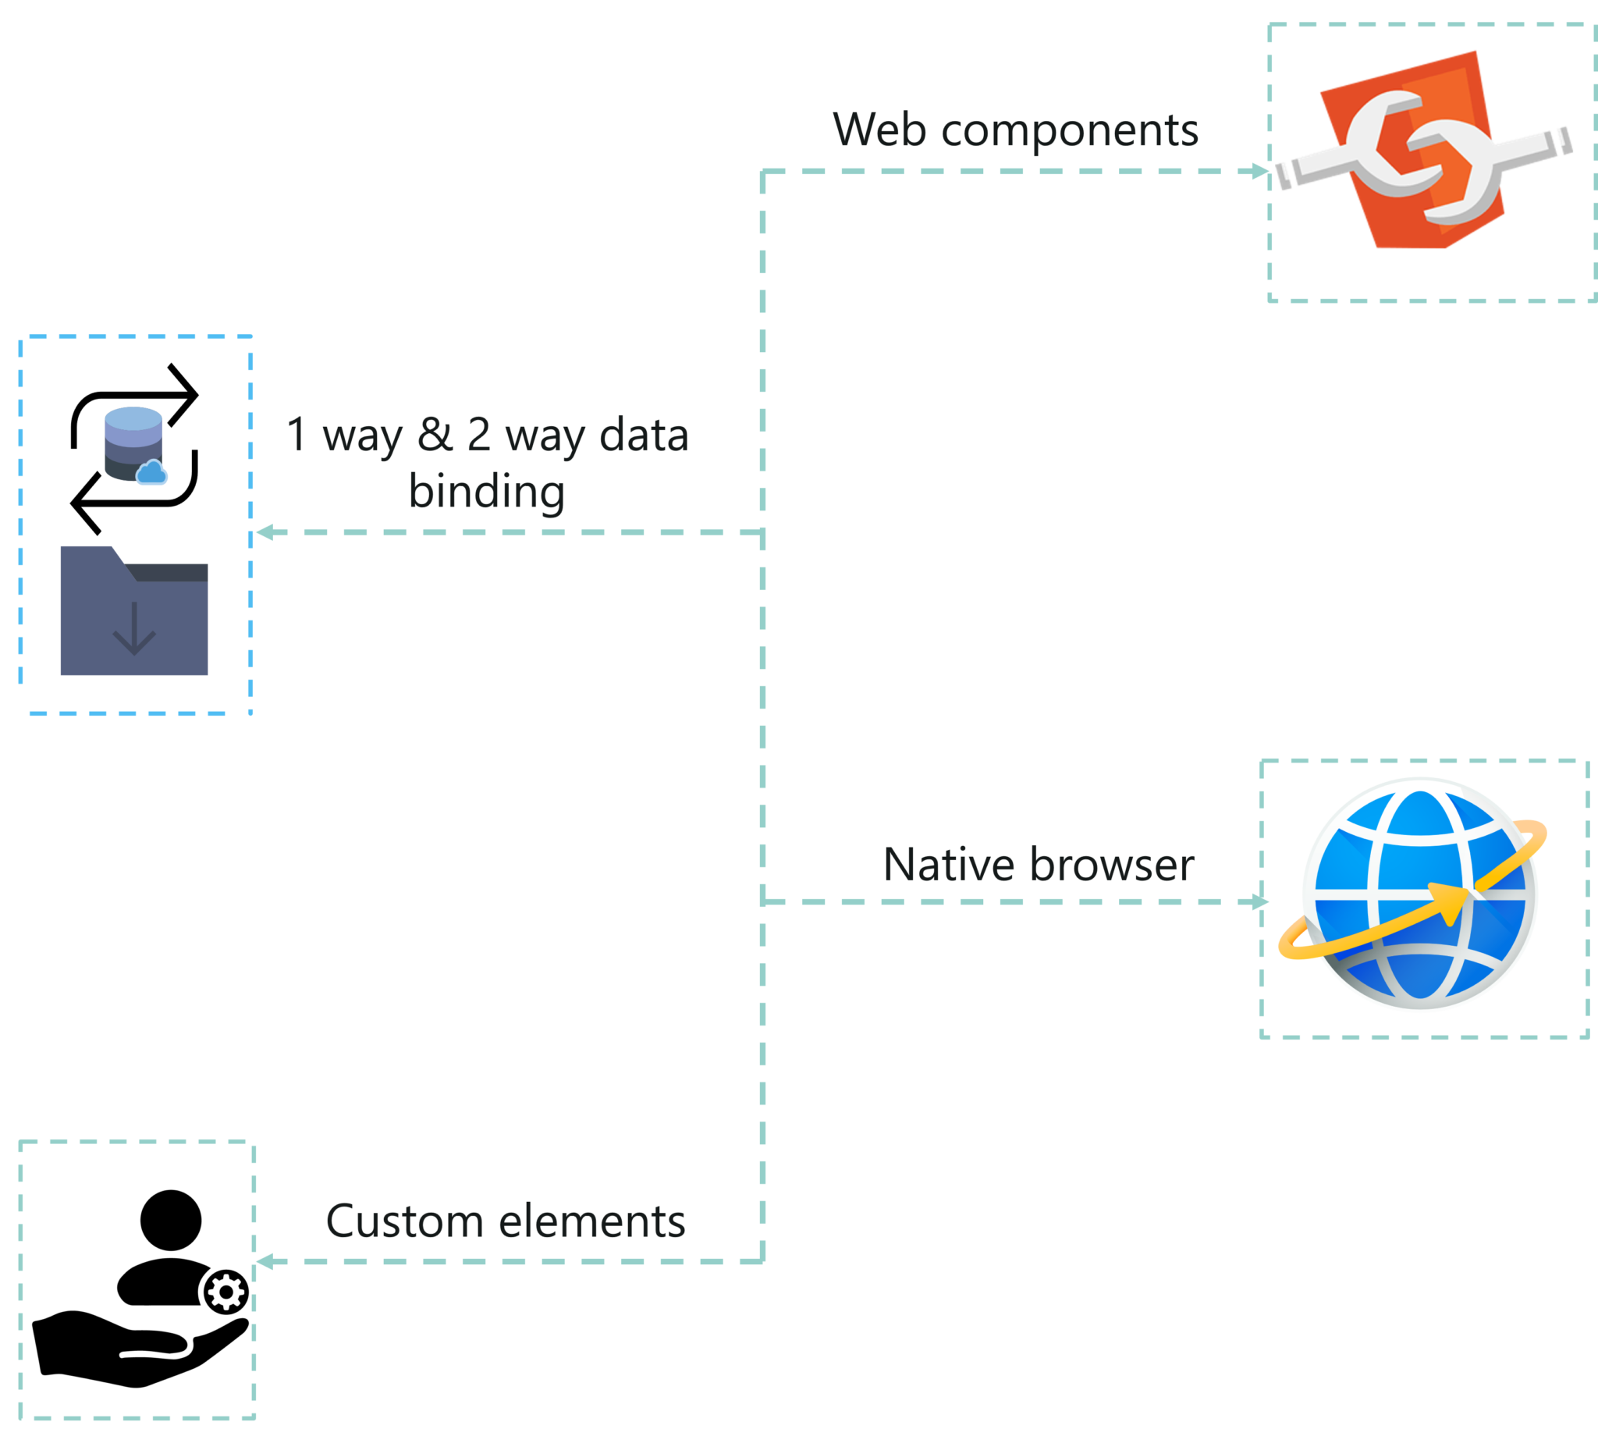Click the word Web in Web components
click(879, 129)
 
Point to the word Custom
click(404, 1221)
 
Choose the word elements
click(592, 1221)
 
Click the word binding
click(487, 492)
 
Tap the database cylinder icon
click(133, 441)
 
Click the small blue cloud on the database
click(152, 473)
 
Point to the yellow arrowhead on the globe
click(1449, 901)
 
